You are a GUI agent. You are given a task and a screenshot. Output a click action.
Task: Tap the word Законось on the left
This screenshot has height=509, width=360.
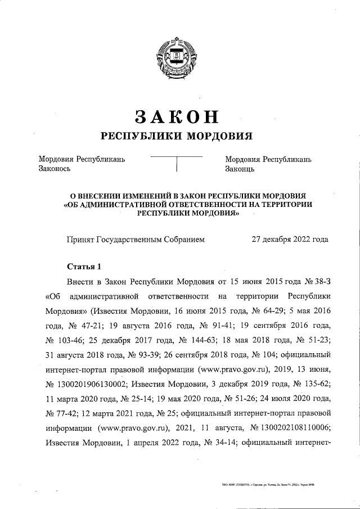point(54,168)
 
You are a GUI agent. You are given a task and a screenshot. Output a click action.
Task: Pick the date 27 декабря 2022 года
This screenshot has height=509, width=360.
point(289,239)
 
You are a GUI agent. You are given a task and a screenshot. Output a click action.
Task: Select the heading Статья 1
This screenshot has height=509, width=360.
point(83,266)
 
